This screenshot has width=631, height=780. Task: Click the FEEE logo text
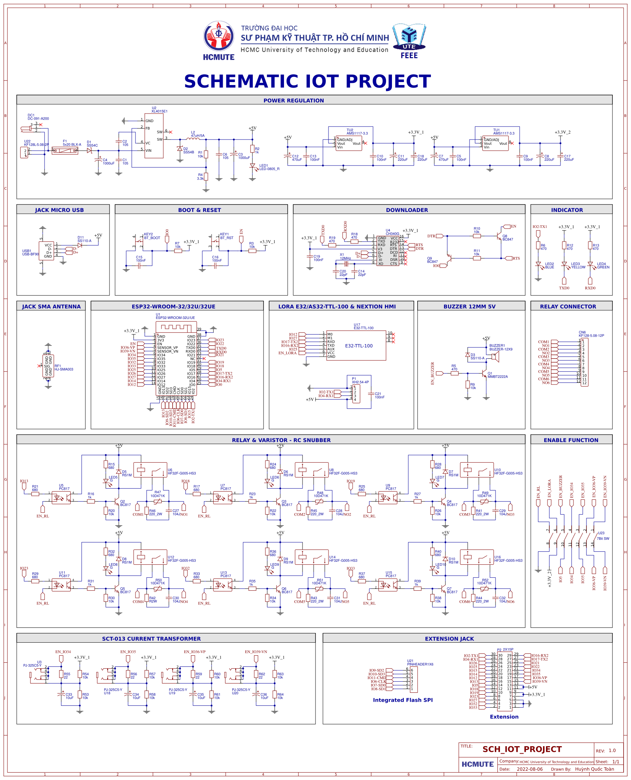[x=409, y=56]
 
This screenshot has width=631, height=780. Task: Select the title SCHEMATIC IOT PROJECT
[x=307, y=81]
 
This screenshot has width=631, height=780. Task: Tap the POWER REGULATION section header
[x=294, y=101]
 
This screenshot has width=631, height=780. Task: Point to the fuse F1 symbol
[x=65, y=150]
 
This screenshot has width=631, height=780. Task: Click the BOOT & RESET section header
[x=199, y=210]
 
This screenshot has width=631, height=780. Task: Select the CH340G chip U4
[x=388, y=251]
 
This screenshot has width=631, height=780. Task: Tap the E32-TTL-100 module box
[x=359, y=346]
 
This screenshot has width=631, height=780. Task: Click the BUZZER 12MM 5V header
[x=470, y=307]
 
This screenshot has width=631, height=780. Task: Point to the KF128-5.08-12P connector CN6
[x=584, y=362]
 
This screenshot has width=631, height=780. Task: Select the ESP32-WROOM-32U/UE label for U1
[x=175, y=318]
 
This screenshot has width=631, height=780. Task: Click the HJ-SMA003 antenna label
[x=64, y=369]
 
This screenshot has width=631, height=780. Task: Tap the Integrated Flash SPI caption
[x=403, y=700]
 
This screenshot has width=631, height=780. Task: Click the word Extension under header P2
[x=504, y=717]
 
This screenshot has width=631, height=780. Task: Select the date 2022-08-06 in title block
[x=530, y=769]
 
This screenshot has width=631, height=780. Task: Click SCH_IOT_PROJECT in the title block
[x=522, y=749]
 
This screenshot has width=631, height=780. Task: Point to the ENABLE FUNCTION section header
[x=571, y=440]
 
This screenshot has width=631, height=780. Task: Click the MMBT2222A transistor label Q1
[x=497, y=376]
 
